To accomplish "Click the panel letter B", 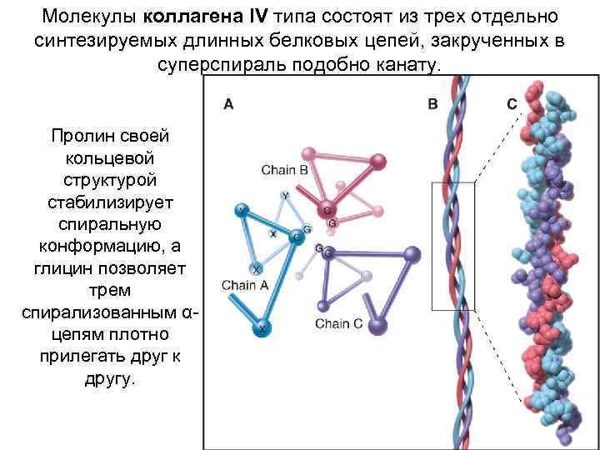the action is tap(432, 104).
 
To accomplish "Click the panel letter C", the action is tap(511, 104).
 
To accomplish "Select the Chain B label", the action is tap(284, 169).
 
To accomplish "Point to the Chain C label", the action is tap(338, 323).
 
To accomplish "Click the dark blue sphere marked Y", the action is tap(242, 210).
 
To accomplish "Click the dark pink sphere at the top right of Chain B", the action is tap(377, 161).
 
